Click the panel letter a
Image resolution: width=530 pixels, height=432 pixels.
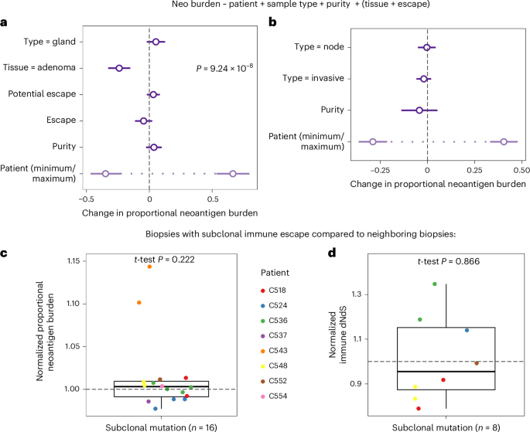[5, 23]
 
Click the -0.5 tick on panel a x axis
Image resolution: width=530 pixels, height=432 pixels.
[91, 197]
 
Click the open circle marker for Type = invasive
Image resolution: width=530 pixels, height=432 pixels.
[423, 79]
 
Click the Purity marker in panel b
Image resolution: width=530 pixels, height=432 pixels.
[419, 110]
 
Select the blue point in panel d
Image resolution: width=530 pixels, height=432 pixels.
[467, 330]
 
